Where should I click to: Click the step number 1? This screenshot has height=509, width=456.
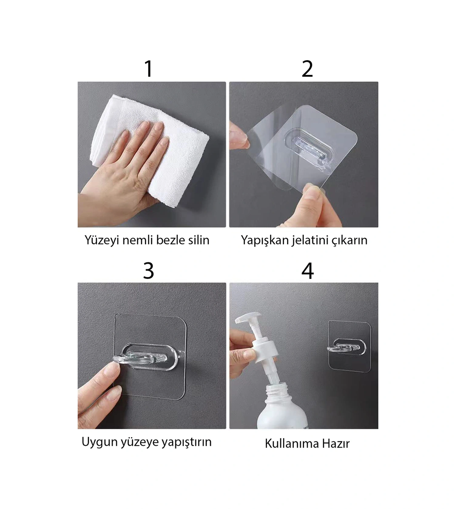[x=148, y=69]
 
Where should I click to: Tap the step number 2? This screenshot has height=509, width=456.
[x=307, y=69]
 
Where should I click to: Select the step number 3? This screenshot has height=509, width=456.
[x=149, y=271]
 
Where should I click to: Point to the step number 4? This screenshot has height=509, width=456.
[x=308, y=271]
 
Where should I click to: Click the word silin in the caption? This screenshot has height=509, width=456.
[x=199, y=240]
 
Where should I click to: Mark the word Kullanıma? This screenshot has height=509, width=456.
[x=292, y=444]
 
